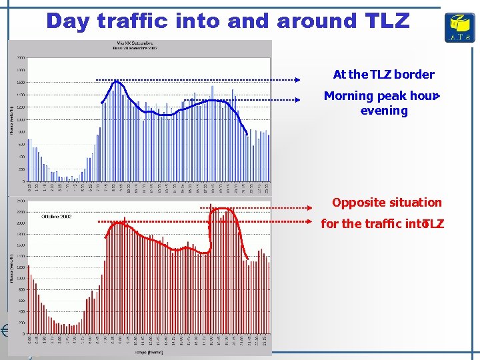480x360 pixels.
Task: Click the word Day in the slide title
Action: point(69,21)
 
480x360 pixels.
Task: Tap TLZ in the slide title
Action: point(387,21)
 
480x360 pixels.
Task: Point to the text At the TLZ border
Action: point(383,75)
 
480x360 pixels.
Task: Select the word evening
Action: point(384,111)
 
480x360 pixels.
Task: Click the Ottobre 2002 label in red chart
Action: point(57,217)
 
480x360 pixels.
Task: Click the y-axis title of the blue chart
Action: point(11,119)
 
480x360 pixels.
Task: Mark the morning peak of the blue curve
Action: point(117,81)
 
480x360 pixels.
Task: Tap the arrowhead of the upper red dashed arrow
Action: point(309,208)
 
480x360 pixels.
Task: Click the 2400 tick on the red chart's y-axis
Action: point(21,201)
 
